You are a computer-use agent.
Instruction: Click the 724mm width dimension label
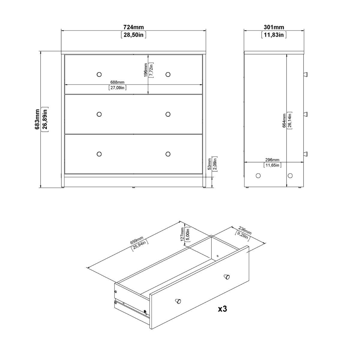tap(133, 27)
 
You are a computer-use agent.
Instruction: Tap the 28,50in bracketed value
tap(133, 35)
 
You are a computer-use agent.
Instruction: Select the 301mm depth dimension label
tap(274, 27)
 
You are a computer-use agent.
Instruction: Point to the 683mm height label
tap(37, 119)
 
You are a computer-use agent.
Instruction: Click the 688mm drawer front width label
tap(117, 82)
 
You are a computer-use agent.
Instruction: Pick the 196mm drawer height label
tap(146, 70)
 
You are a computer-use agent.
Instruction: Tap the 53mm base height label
tap(209, 164)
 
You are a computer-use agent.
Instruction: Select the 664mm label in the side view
tap(284, 120)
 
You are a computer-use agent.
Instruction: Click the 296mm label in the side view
tap(272, 160)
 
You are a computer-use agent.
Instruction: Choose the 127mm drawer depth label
tap(182, 234)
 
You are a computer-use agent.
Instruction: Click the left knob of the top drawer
tap(99, 74)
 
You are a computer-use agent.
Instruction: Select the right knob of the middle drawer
tap(168, 114)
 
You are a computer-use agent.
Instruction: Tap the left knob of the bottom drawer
tap(99, 154)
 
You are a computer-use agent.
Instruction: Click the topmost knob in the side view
tap(306, 74)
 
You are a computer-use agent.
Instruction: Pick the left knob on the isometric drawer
tap(178, 301)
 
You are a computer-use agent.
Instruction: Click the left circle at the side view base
tap(258, 175)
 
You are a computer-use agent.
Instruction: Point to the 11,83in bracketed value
tap(274, 35)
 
